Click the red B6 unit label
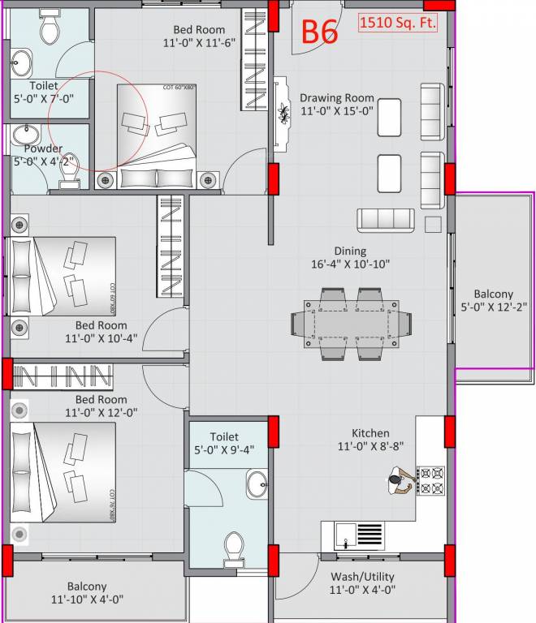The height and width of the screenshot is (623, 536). [x=321, y=31]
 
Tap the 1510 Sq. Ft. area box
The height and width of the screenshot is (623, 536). [x=398, y=23]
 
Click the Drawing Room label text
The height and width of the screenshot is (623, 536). [x=336, y=105]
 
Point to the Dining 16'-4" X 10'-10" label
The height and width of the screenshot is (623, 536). [x=350, y=257]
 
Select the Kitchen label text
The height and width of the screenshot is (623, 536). [x=370, y=440]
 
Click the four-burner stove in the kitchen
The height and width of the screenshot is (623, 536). [x=430, y=479]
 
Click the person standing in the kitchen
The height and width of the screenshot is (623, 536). [x=397, y=482]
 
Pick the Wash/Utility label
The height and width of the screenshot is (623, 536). [x=362, y=583]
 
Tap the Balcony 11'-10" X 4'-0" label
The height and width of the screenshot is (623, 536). [x=87, y=593]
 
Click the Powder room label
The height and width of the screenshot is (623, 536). [x=42, y=155]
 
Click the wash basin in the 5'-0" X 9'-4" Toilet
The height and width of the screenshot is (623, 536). [x=257, y=484]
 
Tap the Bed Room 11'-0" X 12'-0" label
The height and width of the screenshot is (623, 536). [x=101, y=406]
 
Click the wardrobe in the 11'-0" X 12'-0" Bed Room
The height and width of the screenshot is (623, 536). [x=62, y=376]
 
